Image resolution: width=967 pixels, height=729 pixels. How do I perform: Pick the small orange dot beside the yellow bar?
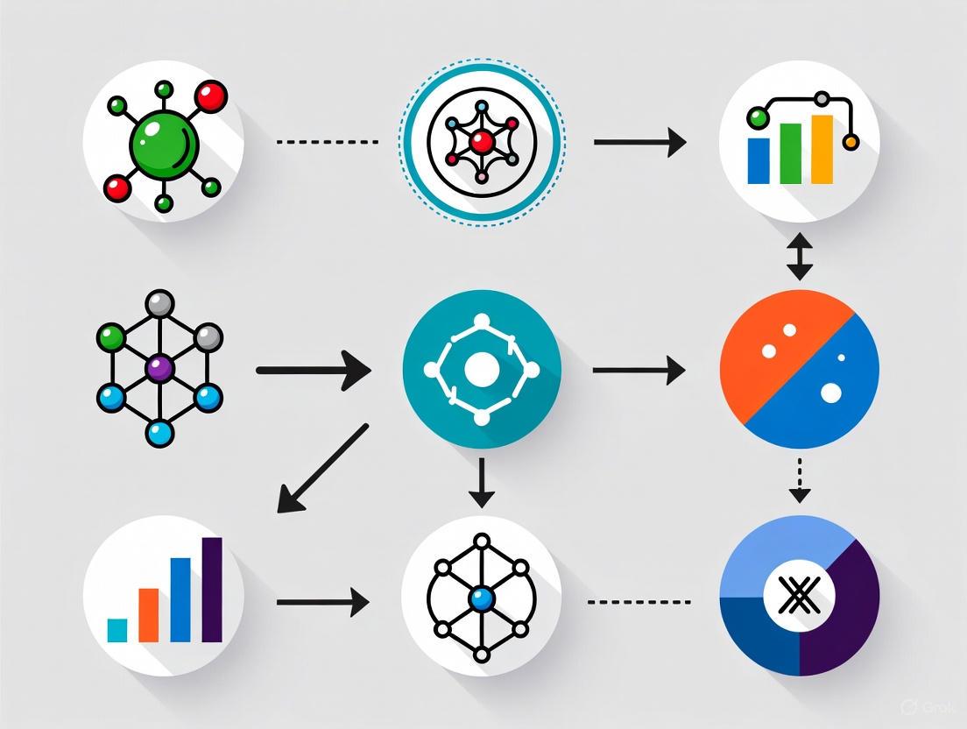tap(849, 141)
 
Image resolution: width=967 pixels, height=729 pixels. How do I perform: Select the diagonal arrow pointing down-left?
tap(321, 468)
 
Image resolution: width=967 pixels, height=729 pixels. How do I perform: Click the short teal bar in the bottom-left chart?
tap(117, 629)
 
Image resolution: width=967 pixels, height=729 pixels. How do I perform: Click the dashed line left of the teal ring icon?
tap(327, 141)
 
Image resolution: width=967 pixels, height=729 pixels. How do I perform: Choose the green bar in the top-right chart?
tap(790, 152)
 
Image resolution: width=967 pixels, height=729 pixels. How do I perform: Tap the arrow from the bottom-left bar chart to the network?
tap(322, 601)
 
